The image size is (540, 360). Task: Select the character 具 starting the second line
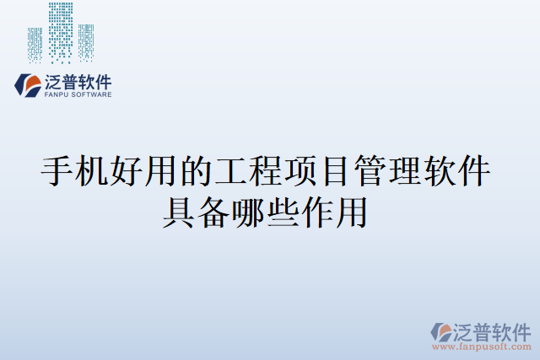click(x=179, y=210)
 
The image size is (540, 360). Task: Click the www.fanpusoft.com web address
click(x=481, y=347)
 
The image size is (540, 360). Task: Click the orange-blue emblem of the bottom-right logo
click(x=443, y=332)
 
